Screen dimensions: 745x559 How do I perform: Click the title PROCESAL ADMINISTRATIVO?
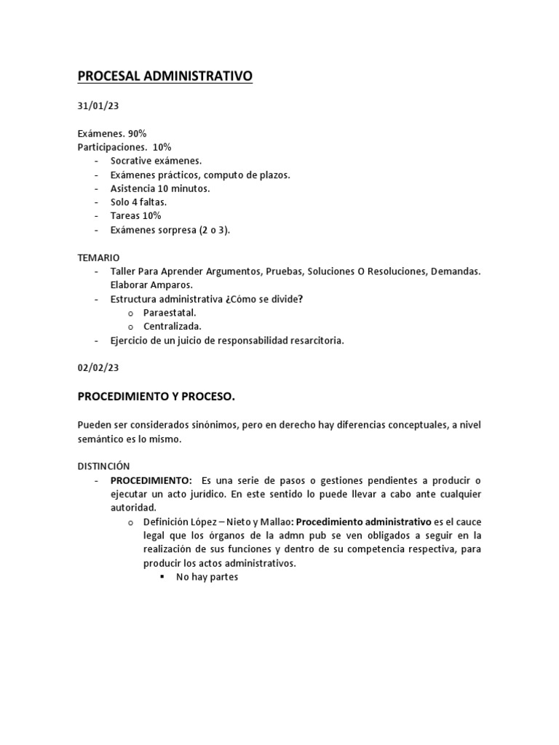pyautogui.click(x=165, y=76)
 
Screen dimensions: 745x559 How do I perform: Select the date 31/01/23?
pyautogui.click(x=98, y=106)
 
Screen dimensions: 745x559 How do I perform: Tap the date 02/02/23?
pyautogui.click(x=98, y=368)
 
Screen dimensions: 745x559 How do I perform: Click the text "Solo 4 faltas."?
pyautogui.click(x=138, y=202)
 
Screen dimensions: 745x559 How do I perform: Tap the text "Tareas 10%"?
pyautogui.click(x=136, y=216)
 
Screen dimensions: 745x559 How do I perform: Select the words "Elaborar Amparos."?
pyautogui.click(x=151, y=285)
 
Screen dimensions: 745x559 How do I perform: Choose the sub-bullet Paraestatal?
pyautogui.click(x=170, y=313)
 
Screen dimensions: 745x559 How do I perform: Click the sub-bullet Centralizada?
pyautogui.click(x=173, y=327)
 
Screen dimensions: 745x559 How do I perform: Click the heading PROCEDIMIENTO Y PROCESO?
pyautogui.click(x=156, y=397)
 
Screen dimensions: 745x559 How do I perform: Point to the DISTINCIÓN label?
pyautogui.click(x=103, y=466)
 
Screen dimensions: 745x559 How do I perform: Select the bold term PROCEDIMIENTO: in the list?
pyautogui.click(x=151, y=480)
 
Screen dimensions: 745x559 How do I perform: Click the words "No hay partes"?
pyautogui.click(x=207, y=577)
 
